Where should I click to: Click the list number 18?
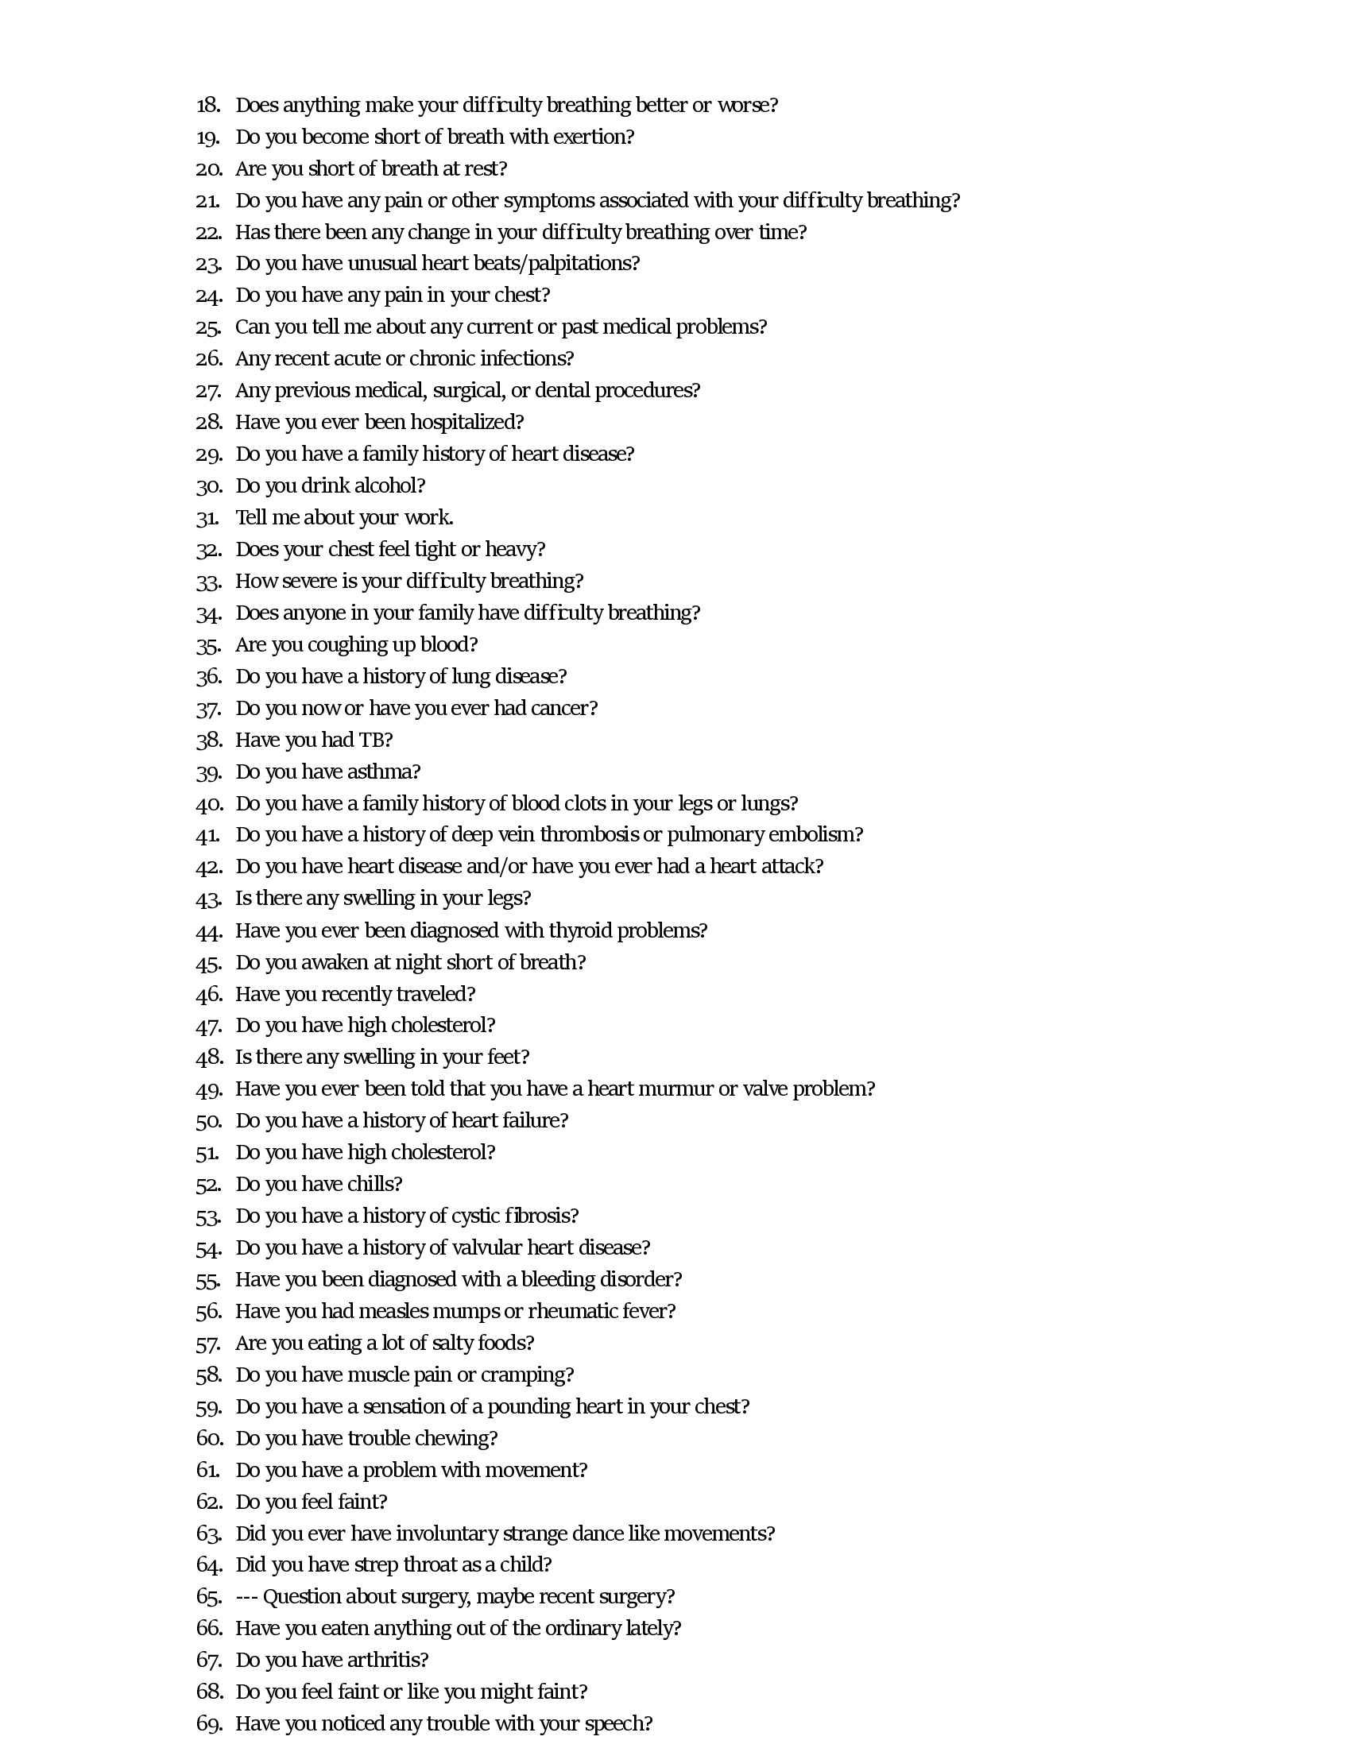[x=208, y=106]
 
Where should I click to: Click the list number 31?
[x=207, y=518]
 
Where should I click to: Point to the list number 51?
[x=207, y=1153]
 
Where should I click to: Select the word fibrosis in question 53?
[x=541, y=1216]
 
